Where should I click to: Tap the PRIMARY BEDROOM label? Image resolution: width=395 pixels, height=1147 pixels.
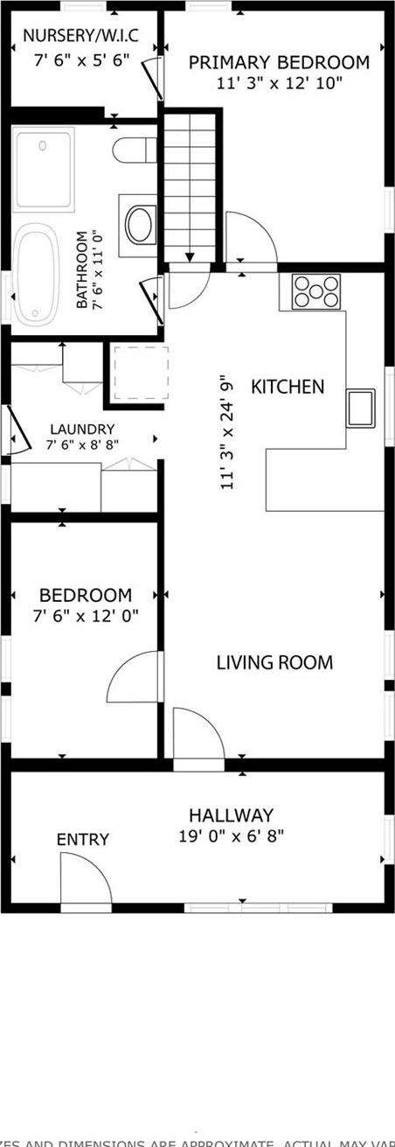[279, 63]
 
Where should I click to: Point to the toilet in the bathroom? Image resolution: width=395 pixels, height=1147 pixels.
[135, 150]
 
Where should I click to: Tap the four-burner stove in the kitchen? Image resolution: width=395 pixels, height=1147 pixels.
[316, 291]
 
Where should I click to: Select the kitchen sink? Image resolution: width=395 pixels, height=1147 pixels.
[361, 408]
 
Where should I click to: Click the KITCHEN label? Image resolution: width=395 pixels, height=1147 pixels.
[288, 387]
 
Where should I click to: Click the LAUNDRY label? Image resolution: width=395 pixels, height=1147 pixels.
[82, 430]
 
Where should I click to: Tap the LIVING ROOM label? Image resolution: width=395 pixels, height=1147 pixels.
[274, 662]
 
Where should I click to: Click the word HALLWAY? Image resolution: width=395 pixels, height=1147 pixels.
[231, 815]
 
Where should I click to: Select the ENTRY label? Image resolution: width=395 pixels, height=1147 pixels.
[83, 840]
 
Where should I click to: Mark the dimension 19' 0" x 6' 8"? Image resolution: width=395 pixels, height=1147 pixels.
[231, 836]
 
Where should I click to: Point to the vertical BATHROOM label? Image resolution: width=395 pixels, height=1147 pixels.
[83, 269]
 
